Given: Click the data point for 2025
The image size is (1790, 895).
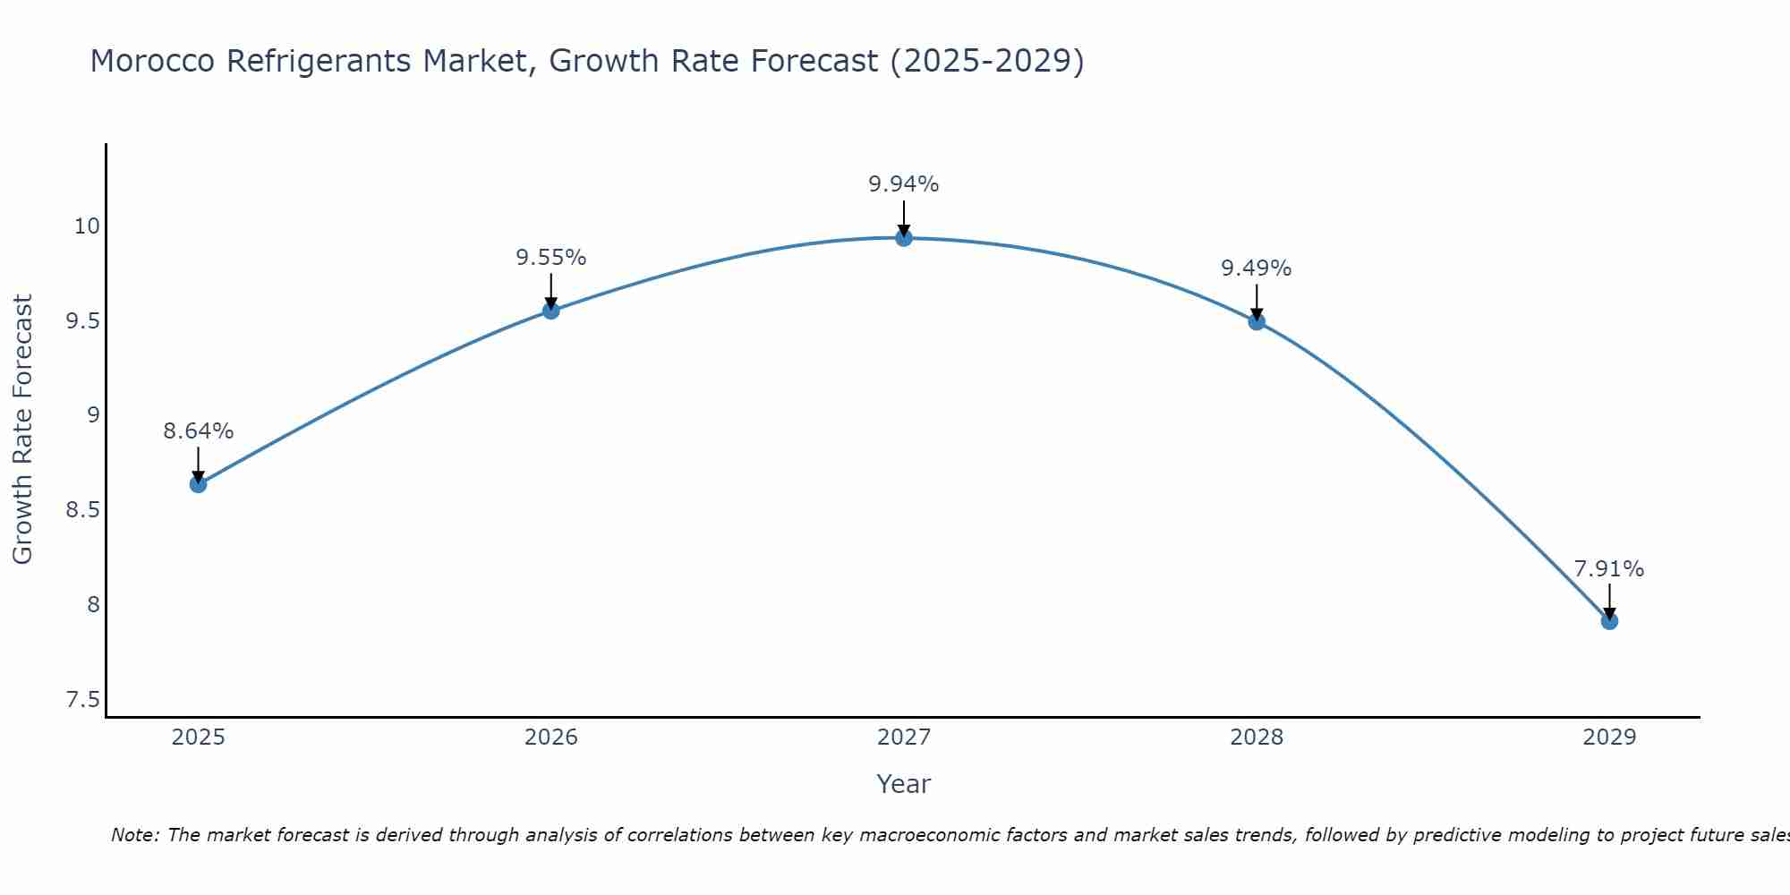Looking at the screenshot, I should click(x=198, y=484).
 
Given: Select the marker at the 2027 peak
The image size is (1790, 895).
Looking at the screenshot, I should click(x=904, y=237).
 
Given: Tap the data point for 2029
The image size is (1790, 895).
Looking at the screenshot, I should click(x=1609, y=621).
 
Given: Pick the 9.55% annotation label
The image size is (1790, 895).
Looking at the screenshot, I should click(x=550, y=258).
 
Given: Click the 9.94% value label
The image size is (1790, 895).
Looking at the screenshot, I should click(x=904, y=184).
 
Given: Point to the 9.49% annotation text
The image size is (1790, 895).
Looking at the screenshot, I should click(x=1257, y=268).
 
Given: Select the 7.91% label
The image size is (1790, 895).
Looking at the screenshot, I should click(x=1609, y=569).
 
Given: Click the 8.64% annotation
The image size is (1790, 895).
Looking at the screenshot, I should click(x=198, y=431).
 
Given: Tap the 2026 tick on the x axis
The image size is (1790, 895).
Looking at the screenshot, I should click(x=550, y=737).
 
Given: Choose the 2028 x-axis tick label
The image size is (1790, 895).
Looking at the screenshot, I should click(x=1257, y=737).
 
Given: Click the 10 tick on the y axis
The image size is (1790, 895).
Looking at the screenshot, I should click(x=87, y=226).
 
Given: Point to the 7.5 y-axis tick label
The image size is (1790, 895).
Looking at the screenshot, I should click(x=82, y=700).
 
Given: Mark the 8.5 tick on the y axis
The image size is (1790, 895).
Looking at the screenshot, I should click(x=82, y=510).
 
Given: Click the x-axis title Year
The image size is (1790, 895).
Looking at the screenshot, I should click(x=904, y=784).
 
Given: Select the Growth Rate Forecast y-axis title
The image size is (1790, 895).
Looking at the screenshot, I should click(x=22, y=430).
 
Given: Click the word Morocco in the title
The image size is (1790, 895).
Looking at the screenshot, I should click(x=152, y=61).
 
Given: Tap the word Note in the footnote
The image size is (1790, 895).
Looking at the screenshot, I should click(x=134, y=835).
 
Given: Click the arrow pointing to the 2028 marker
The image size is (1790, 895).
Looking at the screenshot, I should click(x=1257, y=303).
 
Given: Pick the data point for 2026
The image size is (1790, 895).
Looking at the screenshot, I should click(x=550, y=311).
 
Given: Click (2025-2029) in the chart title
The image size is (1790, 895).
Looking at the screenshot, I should click(x=987, y=61).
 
